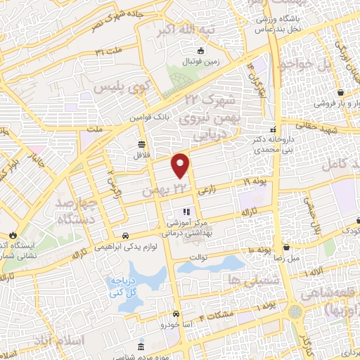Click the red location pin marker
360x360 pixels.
[181, 165]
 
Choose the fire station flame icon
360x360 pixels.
[12, 236]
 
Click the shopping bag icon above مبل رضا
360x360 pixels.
[286, 247]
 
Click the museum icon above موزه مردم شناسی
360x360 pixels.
[143, 348]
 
